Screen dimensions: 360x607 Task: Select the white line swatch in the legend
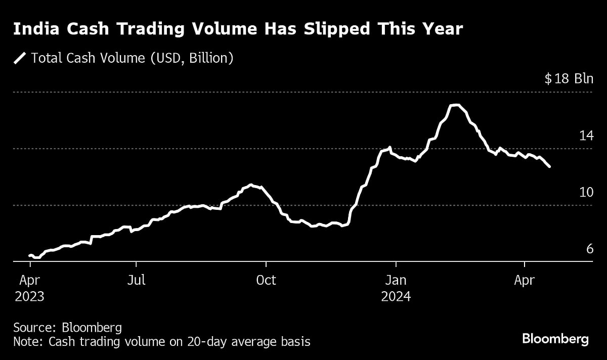(20, 58)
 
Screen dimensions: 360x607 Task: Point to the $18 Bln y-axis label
(569, 79)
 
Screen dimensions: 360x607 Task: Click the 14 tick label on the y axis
(586, 136)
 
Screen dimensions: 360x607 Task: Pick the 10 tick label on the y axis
(586, 192)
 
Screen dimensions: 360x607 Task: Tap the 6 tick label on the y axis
(589, 249)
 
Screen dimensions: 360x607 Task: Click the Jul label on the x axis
(136, 280)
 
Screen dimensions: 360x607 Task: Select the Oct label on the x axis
(266, 280)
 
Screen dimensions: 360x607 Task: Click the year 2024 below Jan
(396, 296)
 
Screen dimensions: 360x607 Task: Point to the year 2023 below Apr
(29, 296)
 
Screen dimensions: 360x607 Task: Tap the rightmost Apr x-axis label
(525, 280)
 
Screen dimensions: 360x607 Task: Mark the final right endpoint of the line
(550, 167)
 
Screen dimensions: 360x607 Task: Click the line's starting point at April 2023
(30, 255)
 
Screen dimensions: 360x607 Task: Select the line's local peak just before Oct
(251, 185)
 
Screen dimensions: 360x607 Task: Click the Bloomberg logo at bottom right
(555, 339)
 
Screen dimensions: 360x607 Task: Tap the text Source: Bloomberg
(67, 327)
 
